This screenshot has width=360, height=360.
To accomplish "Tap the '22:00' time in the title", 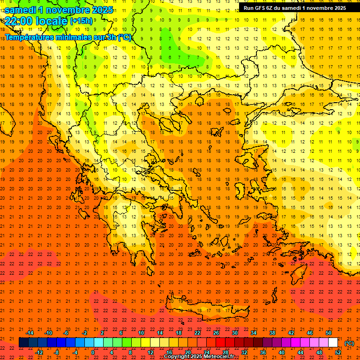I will click(19, 21).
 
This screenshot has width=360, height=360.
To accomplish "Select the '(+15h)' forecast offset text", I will click(81, 21).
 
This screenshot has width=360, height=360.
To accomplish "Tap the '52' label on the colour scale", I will click(338, 352).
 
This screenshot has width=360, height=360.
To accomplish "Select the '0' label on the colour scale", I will click(93, 352).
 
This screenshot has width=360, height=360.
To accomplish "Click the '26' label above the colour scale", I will click(216, 333).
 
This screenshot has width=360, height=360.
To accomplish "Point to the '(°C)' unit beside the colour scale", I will click(349, 343).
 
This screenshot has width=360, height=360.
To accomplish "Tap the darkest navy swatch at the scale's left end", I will click(23, 343).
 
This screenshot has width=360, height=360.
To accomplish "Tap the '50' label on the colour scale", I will click(329, 333).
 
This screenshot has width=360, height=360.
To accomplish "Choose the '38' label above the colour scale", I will click(272, 333).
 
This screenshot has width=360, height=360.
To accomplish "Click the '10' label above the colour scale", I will click(141, 333).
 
